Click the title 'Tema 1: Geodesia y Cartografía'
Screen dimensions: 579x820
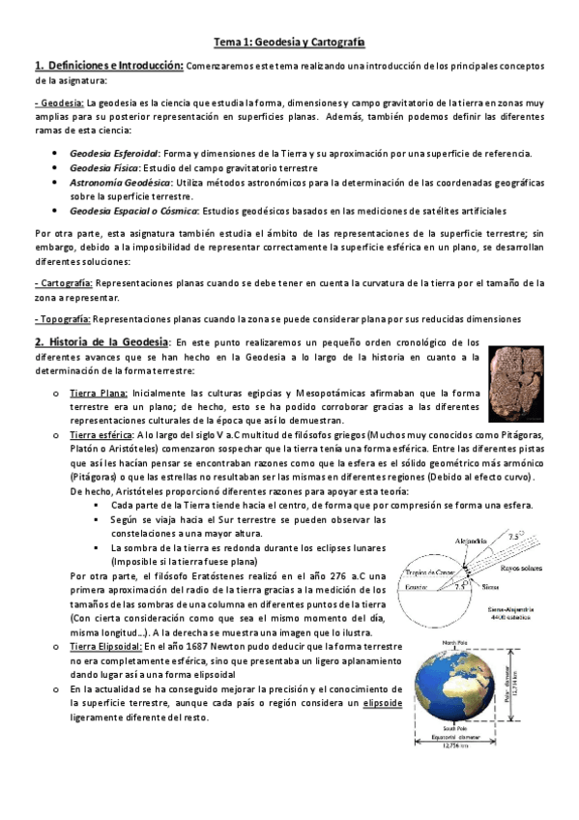tap(289, 43)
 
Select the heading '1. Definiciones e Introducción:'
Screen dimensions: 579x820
tap(108, 66)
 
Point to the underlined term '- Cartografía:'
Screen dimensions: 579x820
tap(63, 282)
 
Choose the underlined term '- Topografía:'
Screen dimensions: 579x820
tap(62, 318)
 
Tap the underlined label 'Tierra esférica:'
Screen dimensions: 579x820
tap(104, 437)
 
